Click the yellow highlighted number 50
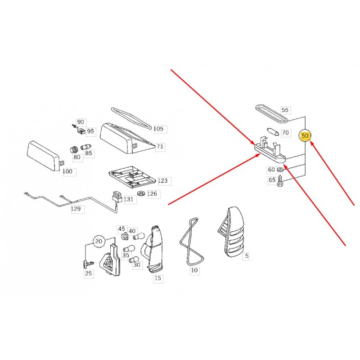coord(305,136)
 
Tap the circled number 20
coord(99,241)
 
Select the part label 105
coord(158,129)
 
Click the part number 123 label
coord(163,181)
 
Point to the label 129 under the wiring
coord(76,209)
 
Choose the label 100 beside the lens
coord(67,171)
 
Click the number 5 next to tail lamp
coord(247,256)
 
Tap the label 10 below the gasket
coord(194,270)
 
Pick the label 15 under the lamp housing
coord(158,278)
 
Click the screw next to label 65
coord(280,181)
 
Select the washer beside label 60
coord(280,170)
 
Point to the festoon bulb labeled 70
coord(274,131)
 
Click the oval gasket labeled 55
coord(272,113)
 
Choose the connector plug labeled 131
coord(117,197)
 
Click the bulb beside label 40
coord(140,236)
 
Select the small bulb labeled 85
coord(86,147)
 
